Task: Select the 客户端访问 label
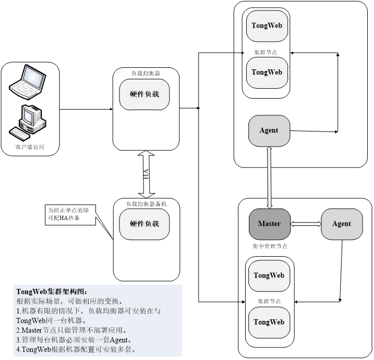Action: tap(30, 148)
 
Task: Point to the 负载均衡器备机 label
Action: tap(147, 204)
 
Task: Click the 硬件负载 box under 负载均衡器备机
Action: tap(144, 224)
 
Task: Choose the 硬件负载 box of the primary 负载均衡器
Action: tap(144, 94)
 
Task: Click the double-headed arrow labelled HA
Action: tap(147, 174)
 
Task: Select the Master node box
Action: tap(269, 224)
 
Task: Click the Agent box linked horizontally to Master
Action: tap(342, 224)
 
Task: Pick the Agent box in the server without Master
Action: tap(269, 130)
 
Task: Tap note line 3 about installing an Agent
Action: tap(73, 340)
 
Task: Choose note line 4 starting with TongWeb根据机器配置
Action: tap(76, 350)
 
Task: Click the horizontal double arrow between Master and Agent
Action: tap(306, 224)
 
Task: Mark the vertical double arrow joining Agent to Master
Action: tap(269, 177)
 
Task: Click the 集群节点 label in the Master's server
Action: tap(269, 301)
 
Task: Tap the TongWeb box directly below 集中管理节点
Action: tap(269, 275)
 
